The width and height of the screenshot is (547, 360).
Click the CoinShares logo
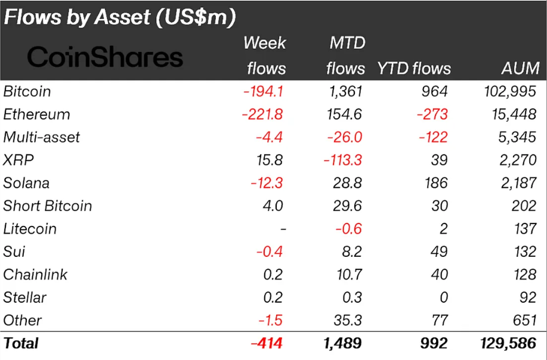(105, 57)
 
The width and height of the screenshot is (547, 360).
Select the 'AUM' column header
(520, 68)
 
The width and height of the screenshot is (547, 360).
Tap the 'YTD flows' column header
(413, 68)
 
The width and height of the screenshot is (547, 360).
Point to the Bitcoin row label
(27, 91)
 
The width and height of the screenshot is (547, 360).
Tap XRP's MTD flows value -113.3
(341, 160)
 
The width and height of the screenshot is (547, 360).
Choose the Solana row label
(26, 183)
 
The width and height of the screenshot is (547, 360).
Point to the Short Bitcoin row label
(48, 206)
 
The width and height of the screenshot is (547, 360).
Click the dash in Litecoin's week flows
(283, 229)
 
